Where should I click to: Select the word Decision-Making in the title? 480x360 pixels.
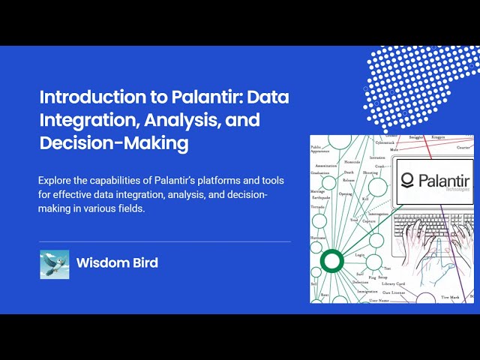(113, 142)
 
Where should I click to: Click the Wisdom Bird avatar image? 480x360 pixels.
(54, 264)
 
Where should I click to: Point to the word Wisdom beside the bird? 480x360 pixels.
(100, 263)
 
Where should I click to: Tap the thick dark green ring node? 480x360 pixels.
(331, 262)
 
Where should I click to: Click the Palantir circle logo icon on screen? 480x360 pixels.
(408, 180)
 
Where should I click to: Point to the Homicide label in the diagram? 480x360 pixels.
(352, 162)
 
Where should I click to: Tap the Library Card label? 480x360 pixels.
(393, 283)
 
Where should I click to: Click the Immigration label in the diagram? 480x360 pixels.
(367, 291)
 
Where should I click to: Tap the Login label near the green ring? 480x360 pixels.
(359, 255)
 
